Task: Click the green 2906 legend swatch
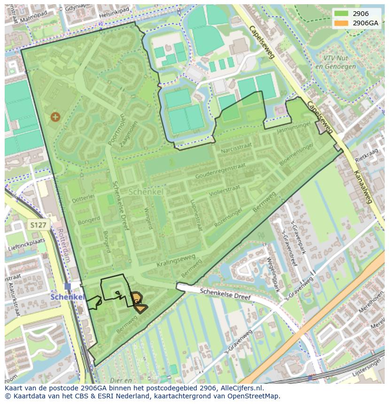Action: tap(342, 14)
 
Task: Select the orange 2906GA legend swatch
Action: tap(342, 23)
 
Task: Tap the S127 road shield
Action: tap(38, 225)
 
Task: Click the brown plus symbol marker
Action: tap(55, 116)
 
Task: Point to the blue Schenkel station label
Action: tap(67, 297)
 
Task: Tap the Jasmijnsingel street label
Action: tap(294, 127)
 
